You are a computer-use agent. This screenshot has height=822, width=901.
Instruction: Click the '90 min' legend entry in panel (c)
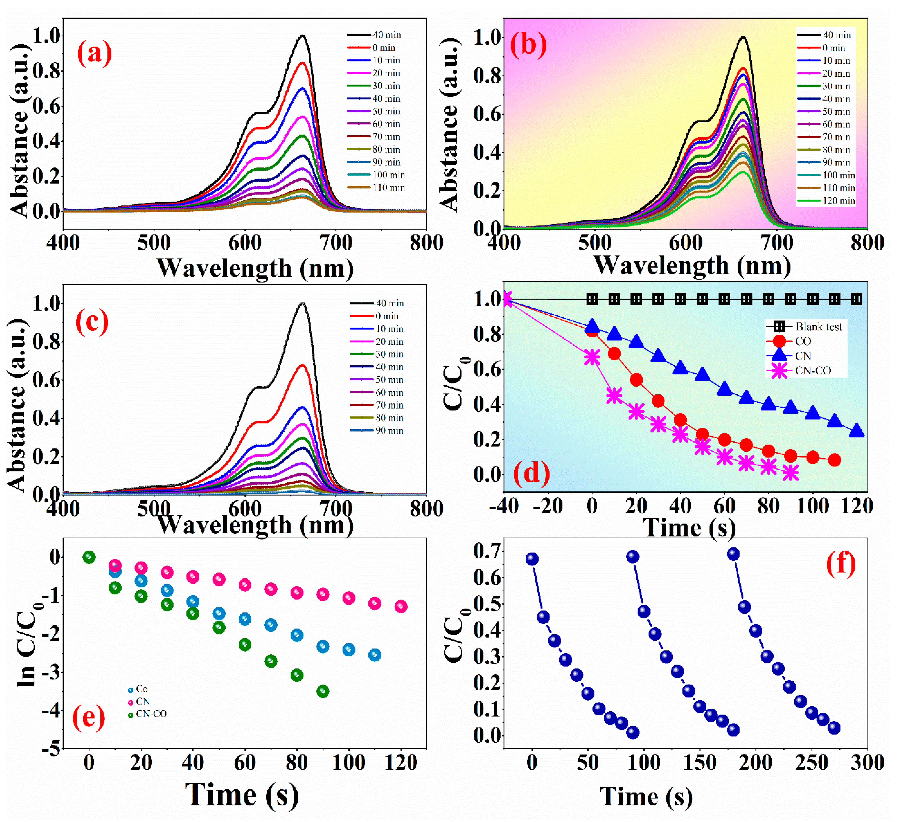(x=389, y=430)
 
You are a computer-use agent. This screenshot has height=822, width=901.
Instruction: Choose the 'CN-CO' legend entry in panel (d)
(x=813, y=370)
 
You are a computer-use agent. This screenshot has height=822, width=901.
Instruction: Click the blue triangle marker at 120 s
(x=857, y=430)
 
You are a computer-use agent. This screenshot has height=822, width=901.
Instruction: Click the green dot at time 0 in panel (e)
(x=89, y=557)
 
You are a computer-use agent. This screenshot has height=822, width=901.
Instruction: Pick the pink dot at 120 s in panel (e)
(x=401, y=606)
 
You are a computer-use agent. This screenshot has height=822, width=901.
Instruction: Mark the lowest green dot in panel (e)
(x=323, y=692)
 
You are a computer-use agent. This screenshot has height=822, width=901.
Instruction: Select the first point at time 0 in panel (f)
(x=532, y=559)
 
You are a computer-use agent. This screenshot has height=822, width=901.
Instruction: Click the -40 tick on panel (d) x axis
(x=504, y=506)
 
